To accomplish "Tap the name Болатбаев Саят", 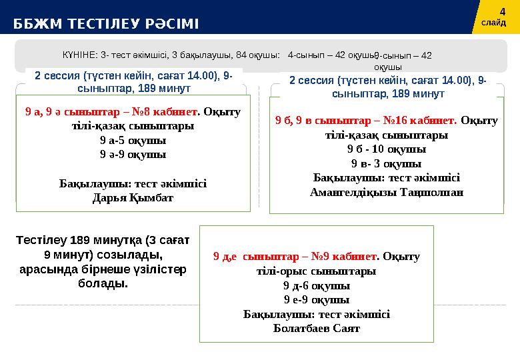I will [x=317, y=328].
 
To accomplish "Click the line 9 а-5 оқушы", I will [x=133, y=141].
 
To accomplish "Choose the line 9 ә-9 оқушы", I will [x=133, y=155].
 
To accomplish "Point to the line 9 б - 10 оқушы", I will [x=387, y=149].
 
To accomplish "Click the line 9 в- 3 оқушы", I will [x=387, y=163].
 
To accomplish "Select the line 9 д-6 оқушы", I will [x=317, y=285].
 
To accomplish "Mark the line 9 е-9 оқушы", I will [x=317, y=299].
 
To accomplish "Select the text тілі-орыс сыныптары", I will [x=317, y=271].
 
